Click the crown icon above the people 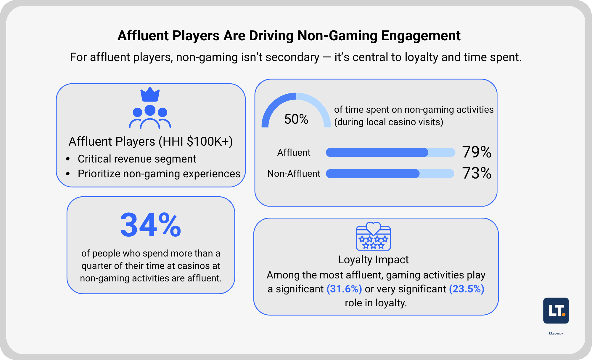point(150,95)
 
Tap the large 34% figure point(150,225)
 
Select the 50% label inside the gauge point(296,119)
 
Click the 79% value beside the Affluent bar point(477,152)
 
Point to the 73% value point(477,173)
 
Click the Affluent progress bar point(390,152)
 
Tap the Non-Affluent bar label point(294,173)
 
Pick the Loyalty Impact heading point(373,260)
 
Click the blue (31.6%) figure point(344,289)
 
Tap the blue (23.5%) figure point(466,289)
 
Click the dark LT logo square point(556,310)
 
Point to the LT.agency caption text point(556,333)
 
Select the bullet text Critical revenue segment point(137,159)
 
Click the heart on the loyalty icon point(373,228)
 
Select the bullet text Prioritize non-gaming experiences point(159,174)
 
